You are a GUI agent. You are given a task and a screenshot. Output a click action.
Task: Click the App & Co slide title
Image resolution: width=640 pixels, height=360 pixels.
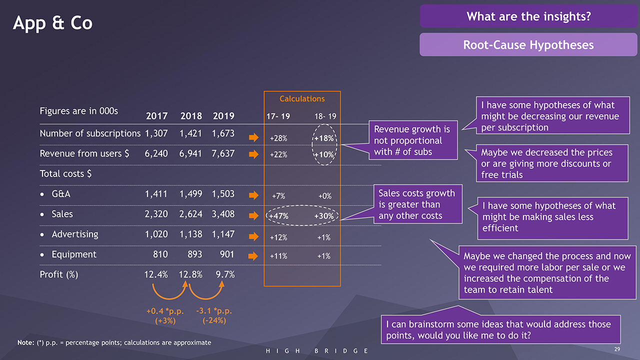pos(52,23)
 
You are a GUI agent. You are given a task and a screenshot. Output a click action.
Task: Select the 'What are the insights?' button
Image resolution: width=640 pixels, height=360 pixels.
pos(528,16)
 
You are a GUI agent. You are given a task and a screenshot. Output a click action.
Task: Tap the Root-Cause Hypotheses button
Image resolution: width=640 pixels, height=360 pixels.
pos(528,45)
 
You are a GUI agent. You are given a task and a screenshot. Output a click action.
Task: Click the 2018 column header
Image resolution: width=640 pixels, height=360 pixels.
pos(190,116)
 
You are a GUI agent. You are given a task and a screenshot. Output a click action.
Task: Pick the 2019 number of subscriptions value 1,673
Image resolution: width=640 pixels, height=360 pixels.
pos(223,133)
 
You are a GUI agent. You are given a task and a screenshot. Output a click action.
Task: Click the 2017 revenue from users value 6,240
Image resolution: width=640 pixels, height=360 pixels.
pos(156,153)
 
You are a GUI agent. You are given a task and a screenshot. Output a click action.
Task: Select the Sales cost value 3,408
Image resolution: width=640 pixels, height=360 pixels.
pos(223,214)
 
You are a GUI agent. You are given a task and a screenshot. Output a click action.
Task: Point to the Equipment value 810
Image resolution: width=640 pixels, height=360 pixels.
pos(160,254)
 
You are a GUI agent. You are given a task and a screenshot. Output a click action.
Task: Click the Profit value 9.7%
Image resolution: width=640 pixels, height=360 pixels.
pos(225,274)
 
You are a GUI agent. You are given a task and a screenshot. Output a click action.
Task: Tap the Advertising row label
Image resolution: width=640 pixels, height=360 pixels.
pos(74,234)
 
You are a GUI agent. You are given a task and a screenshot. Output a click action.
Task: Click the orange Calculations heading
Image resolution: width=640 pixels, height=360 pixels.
pos(302,99)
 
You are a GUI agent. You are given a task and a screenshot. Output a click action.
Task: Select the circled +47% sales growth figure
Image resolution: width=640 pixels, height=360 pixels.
pos(279,216)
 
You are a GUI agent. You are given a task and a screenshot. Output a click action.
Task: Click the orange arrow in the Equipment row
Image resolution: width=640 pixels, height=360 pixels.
pos(254,256)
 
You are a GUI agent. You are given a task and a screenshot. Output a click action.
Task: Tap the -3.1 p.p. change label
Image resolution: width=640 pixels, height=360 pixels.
pos(214,311)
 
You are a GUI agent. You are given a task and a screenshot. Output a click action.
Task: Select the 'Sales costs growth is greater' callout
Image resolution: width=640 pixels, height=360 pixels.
pos(416,204)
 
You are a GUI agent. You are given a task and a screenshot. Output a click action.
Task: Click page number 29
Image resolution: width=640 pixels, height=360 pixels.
pos(616,348)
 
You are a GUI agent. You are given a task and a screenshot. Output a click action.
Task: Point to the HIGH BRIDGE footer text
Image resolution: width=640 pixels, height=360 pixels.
pos(317,351)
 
